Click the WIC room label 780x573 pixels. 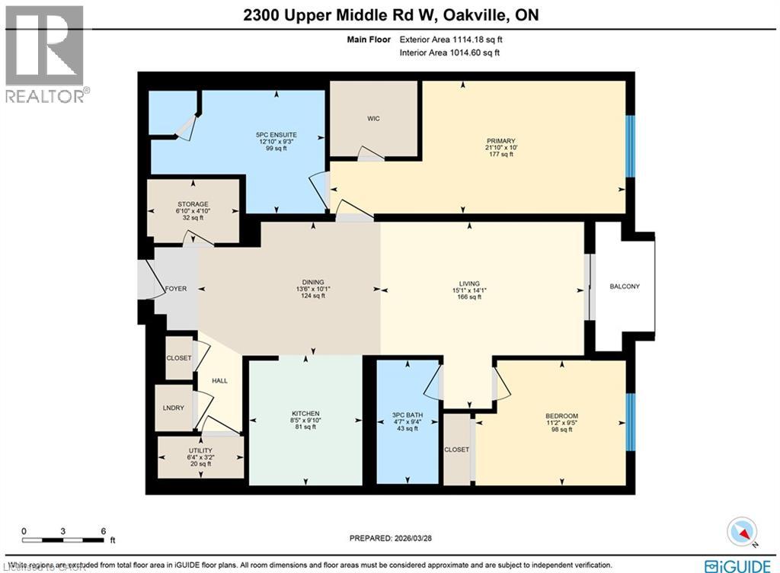point(373,119)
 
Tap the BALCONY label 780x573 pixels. point(625,286)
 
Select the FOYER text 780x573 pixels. point(176,289)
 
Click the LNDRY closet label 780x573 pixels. point(174,408)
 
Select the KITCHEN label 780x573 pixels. point(305,413)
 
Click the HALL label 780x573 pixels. point(219,381)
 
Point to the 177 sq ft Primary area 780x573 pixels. point(501,154)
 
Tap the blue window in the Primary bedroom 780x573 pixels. point(629,146)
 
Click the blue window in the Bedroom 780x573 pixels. point(629,422)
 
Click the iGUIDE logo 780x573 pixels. point(741,565)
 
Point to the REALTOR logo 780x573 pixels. point(46,53)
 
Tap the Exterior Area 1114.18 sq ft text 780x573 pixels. point(449,40)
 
